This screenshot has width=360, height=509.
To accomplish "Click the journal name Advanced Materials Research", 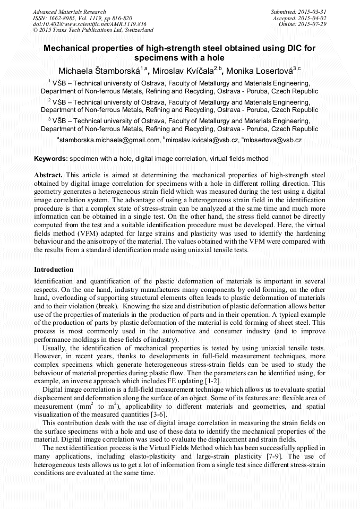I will pos(69,12).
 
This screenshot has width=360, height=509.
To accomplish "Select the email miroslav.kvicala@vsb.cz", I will pos(201,140).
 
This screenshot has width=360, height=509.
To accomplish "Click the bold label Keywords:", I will pos(51,159).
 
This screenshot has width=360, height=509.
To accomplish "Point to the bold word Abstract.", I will pos(48,175).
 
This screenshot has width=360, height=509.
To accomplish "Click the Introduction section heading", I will pos(54,270).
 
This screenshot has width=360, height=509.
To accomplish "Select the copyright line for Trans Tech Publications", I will pos(93,31).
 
